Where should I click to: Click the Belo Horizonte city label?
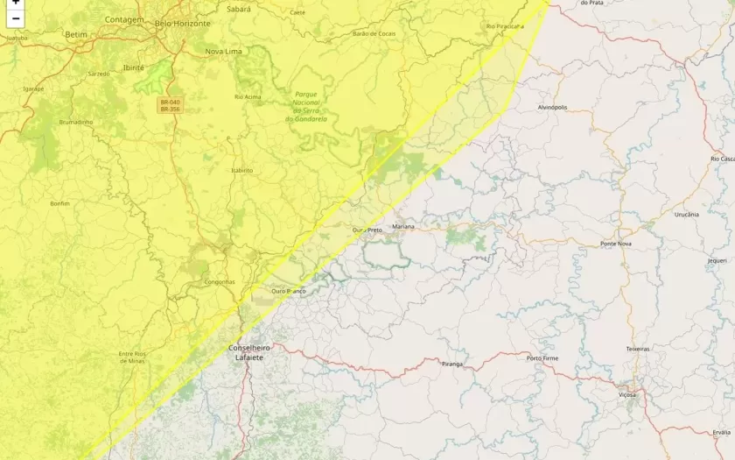(183, 24)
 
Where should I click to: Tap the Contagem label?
(123, 18)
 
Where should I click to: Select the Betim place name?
(77, 34)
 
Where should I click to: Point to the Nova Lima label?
(223, 52)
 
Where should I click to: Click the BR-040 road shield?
(170, 102)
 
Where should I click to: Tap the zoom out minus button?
(15, 18)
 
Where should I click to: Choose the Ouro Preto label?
(367, 230)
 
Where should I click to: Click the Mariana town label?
(403, 226)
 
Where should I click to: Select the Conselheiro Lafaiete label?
(248, 352)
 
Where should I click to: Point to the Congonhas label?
(219, 281)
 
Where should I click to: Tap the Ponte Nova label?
(616, 243)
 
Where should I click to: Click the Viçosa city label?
(627, 395)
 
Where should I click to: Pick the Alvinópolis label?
(552, 107)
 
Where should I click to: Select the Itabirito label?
(241, 170)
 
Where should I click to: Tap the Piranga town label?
(452, 363)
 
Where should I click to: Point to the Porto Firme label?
(542, 357)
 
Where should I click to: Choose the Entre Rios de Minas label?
(131, 357)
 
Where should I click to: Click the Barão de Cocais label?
(374, 33)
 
